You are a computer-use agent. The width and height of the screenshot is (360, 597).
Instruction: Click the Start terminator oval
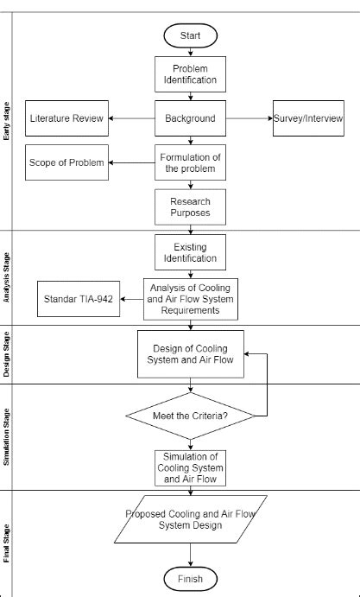191,35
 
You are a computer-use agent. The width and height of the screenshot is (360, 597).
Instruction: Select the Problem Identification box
191,75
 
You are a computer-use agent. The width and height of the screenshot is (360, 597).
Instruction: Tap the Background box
191,118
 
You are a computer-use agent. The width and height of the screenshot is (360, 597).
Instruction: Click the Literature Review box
67,118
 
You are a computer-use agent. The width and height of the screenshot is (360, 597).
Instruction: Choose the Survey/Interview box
309,118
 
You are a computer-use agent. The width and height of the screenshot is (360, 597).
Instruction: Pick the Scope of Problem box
67,162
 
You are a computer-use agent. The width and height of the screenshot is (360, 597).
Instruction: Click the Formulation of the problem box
191,162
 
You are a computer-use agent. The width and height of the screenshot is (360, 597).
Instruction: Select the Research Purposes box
191,206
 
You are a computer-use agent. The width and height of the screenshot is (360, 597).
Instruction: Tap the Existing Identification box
191,253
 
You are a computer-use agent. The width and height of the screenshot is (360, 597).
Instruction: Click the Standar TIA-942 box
79,300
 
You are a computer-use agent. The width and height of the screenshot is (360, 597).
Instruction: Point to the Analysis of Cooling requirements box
191,299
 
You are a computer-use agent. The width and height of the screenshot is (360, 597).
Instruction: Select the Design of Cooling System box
191,354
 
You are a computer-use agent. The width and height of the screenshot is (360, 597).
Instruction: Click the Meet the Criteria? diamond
190,416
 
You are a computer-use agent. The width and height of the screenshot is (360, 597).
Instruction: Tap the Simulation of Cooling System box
191,467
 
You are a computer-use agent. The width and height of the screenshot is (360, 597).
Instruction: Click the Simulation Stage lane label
7,437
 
